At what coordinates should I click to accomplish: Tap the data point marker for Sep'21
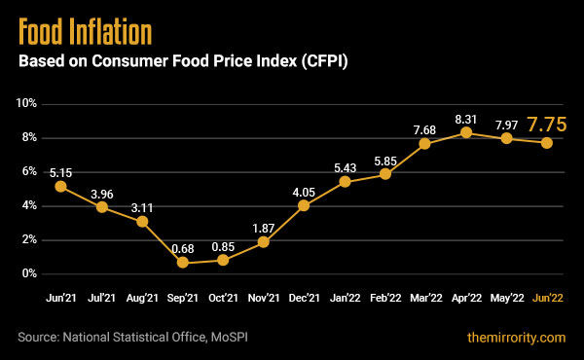tap(182, 263)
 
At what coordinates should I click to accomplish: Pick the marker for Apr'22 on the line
tap(466, 132)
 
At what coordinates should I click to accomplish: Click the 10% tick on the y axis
tap(26, 103)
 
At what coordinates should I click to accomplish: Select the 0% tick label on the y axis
tap(28, 274)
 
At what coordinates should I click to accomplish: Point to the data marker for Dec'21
tap(304, 205)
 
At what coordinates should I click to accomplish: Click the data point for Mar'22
tap(425, 143)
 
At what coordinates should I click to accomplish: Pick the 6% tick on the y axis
tap(28, 171)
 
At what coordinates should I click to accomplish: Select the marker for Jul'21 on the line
tap(101, 206)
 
